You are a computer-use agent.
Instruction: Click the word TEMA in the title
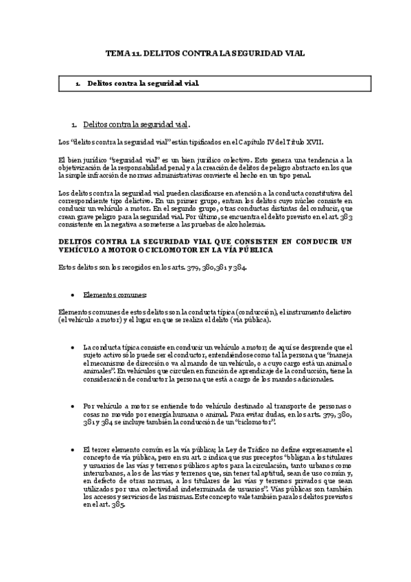click(x=115, y=52)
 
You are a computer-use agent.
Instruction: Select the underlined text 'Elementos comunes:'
click(x=115, y=294)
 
